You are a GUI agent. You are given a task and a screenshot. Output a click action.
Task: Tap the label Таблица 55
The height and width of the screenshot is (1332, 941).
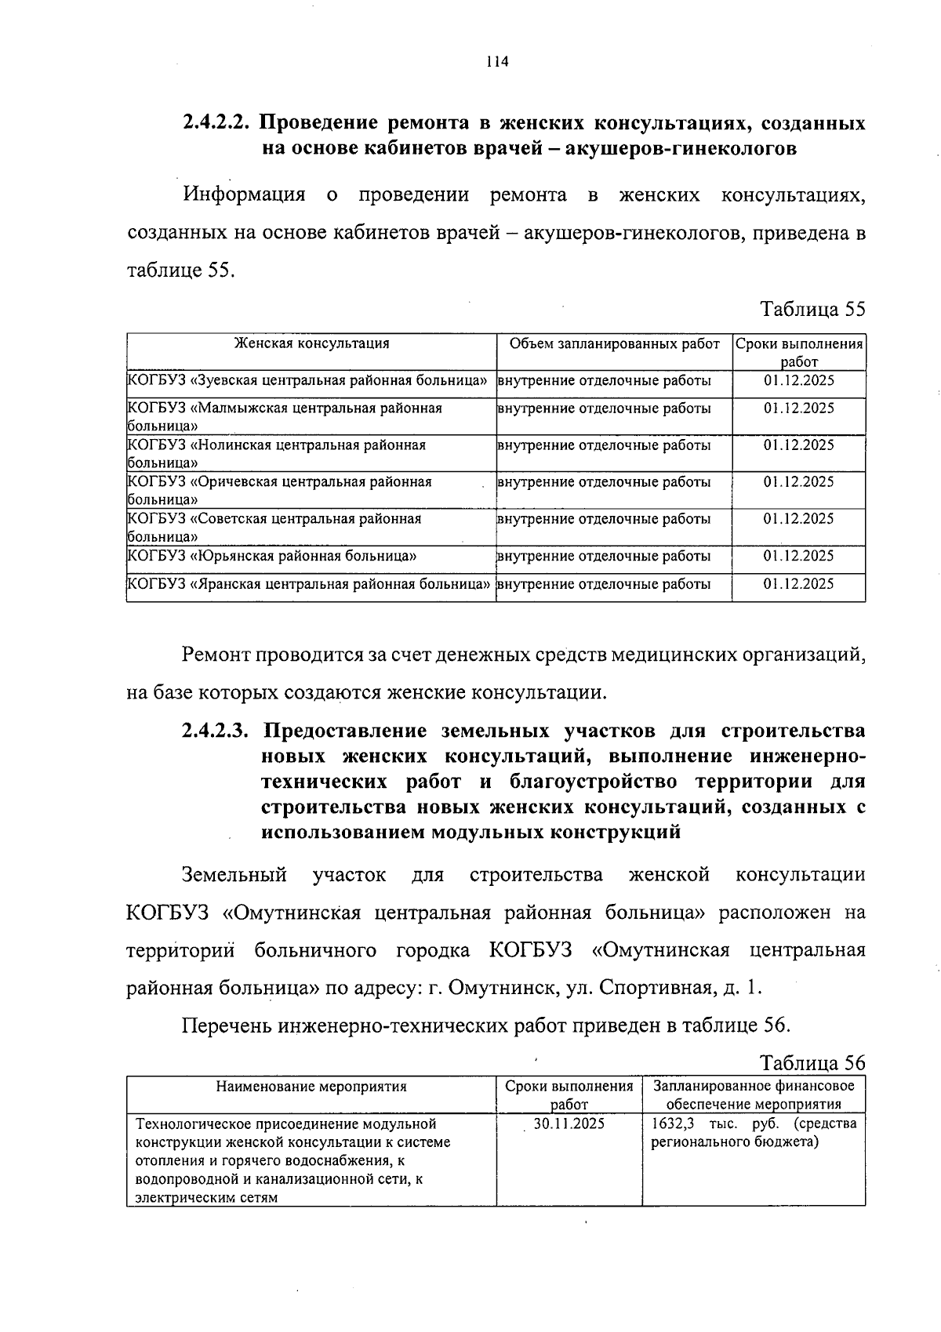click(x=812, y=309)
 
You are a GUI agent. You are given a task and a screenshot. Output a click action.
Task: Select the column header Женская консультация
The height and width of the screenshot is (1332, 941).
click(x=311, y=343)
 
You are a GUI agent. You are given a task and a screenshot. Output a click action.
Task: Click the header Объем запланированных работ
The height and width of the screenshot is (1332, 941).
click(x=614, y=343)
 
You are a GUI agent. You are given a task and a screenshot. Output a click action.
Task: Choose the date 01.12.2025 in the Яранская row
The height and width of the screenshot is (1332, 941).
click(x=798, y=584)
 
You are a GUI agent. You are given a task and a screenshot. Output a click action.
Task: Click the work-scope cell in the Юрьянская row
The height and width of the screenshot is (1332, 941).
click(x=605, y=556)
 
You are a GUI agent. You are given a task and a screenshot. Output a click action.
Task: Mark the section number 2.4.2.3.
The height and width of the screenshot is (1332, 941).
click(x=216, y=731)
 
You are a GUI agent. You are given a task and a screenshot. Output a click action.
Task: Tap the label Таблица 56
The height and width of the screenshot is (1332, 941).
click(x=812, y=1062)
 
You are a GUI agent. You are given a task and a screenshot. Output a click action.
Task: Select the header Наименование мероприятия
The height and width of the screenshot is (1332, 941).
click(x=311, y=1087)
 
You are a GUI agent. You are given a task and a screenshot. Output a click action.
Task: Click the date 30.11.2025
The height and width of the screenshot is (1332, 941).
click(x=569, y=1123)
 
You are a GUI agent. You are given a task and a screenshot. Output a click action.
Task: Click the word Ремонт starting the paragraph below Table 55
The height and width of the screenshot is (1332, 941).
click(x=216, y=655)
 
